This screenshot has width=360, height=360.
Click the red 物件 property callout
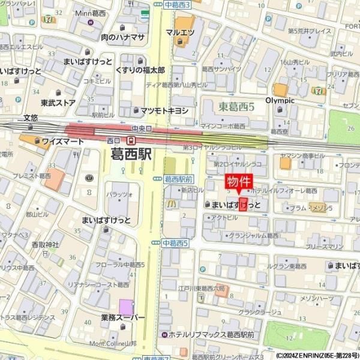239,182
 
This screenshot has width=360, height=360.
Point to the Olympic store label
280,100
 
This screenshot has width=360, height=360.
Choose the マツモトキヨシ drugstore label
164,110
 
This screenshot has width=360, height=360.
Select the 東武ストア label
58,103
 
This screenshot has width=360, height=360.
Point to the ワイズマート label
62,142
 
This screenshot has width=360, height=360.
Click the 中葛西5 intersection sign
175,243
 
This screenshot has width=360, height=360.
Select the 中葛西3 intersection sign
176,4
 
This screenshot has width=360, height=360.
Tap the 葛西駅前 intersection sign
178,179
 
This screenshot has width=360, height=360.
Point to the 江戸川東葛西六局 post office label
201,288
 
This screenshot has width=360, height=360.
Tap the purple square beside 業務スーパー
126,305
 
